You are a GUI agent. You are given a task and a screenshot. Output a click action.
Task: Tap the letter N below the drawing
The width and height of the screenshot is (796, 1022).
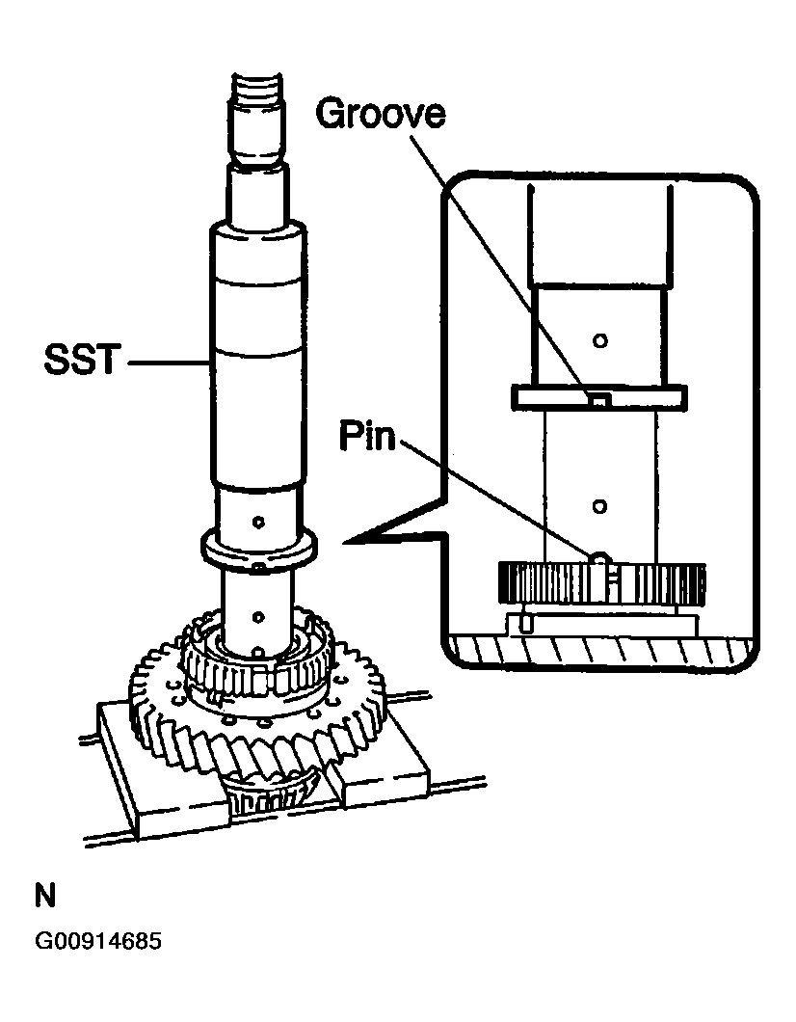click(45, 897)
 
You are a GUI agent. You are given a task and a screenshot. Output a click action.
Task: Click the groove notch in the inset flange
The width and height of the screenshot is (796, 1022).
click(598, 397)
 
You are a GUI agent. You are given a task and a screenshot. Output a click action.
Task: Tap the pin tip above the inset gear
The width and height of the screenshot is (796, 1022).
click(598, 557)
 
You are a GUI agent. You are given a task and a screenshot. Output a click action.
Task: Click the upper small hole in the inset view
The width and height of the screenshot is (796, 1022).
click(599, 339)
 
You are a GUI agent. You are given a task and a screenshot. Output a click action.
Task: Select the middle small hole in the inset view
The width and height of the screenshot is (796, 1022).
click(599, 505)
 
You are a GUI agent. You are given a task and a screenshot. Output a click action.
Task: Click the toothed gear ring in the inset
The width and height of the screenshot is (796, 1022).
click(602, 583)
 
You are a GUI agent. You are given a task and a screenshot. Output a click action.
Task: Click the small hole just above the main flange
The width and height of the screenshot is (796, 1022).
click(257, 522)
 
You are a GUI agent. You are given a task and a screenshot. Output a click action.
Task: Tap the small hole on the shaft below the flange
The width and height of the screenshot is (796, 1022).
click(257, 614)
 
